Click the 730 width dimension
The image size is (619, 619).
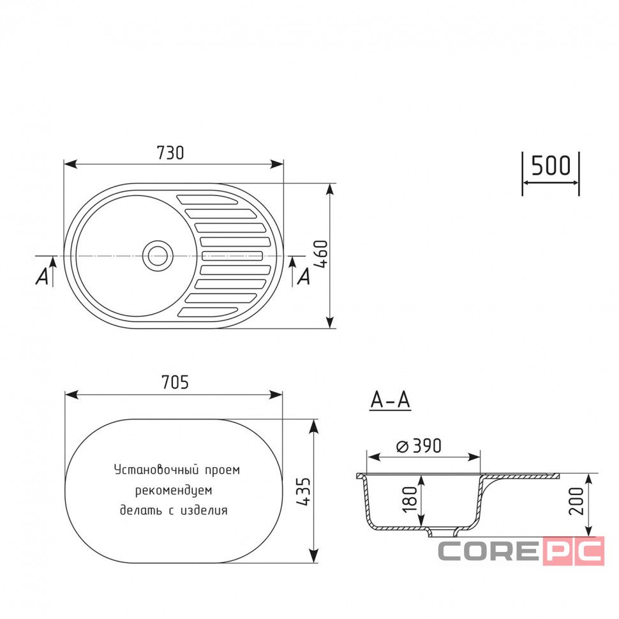coord(170,153)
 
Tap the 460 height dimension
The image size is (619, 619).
coord(322,255)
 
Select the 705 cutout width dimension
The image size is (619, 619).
coord(175,382)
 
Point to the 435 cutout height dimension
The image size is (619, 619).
coord(304,491)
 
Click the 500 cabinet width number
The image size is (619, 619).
coord(551,165)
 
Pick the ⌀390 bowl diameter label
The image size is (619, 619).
coord(419,446)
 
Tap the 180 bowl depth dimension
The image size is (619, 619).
coord(410,500)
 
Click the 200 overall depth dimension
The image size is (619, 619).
coord(576,501)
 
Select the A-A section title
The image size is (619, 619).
coord(391,400)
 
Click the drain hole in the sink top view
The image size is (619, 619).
coord(158,256)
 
